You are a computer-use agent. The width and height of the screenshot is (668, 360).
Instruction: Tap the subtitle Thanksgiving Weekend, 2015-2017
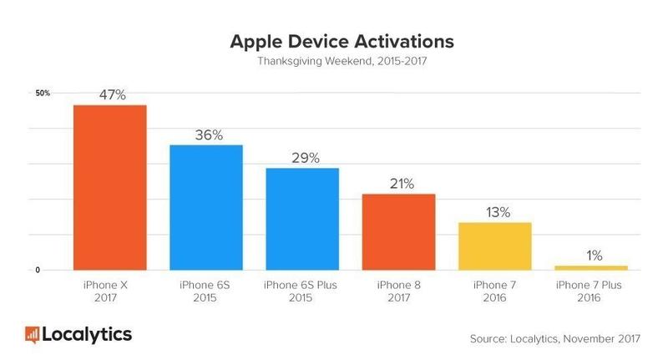[334, 61]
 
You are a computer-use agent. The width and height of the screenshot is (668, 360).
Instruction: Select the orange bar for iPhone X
[111, 187]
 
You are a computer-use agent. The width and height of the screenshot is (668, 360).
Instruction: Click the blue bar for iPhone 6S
[206, 207]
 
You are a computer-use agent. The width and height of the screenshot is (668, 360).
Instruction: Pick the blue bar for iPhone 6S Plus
[302, 219]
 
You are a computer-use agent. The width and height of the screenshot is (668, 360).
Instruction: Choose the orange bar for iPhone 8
[398, 231]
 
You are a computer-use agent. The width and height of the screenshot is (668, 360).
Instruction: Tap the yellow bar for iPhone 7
[495, 246]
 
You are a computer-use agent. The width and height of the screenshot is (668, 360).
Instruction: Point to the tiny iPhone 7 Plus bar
[591, 267]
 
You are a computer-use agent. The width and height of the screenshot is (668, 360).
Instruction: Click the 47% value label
[111, 95]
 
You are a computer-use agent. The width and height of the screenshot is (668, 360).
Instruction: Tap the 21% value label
[398, 184]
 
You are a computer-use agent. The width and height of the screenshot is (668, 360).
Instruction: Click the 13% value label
[495, 212]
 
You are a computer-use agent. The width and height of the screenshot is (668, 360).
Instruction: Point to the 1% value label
[591, 256]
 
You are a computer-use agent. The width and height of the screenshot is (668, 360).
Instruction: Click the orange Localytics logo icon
[33, 335]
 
